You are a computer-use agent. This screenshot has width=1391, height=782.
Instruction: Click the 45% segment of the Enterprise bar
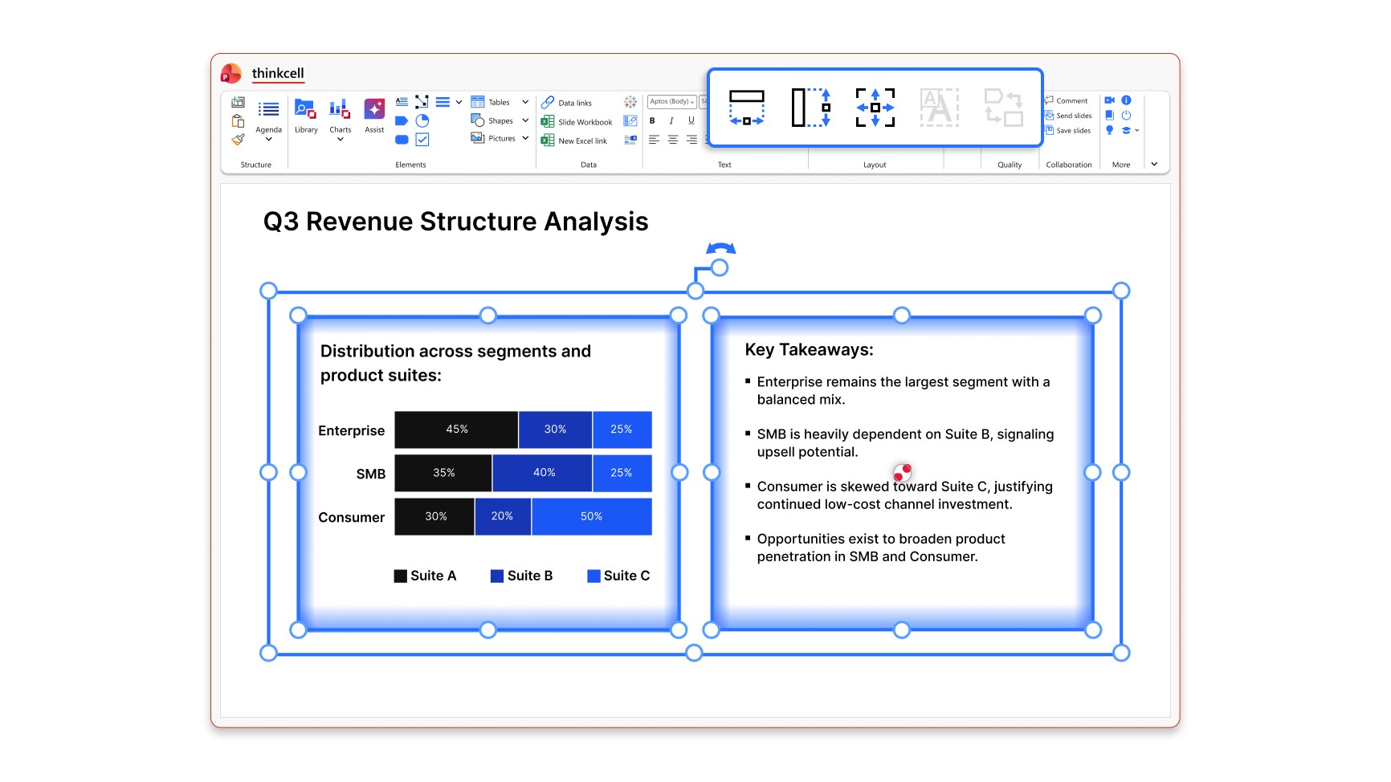456,430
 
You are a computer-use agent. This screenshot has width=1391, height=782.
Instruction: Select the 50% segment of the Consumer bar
591,516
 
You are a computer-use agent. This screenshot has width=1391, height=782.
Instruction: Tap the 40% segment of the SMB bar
543,473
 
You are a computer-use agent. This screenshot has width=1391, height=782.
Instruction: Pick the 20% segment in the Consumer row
503,516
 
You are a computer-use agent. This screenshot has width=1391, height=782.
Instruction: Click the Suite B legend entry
521,576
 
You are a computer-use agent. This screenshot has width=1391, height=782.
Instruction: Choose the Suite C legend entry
618,576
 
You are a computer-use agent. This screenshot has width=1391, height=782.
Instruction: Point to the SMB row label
371,474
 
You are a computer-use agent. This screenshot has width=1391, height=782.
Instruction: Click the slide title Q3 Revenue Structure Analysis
455,222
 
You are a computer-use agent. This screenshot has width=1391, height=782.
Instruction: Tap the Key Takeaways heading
809,350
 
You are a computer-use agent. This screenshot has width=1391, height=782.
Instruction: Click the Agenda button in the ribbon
268,119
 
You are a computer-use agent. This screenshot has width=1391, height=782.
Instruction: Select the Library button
306,116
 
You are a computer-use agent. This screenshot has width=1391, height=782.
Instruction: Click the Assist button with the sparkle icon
374,116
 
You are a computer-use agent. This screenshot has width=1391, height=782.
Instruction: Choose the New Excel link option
574,141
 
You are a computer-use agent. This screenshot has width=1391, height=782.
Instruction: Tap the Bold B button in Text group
652,120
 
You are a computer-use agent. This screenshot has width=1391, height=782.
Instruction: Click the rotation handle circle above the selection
720,267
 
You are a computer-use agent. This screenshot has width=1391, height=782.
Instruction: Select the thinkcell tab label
278,73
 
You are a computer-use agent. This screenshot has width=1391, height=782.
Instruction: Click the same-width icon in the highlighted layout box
746,108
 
